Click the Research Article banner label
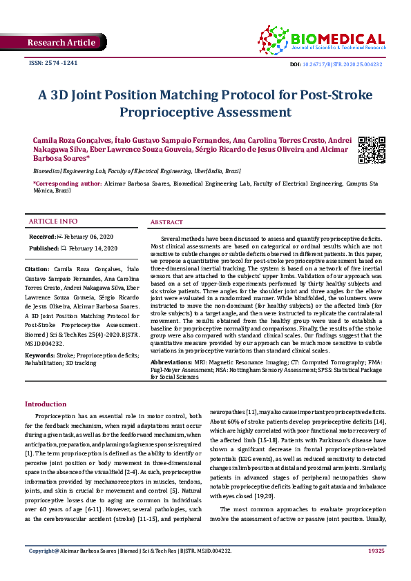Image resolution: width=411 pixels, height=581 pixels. (x=61, y=43)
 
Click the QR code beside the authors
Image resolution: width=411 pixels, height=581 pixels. (x=372, y=150)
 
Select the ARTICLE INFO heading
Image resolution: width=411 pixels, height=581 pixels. (x=52, y=221)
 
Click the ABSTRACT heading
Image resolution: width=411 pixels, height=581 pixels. (x=167, y=223)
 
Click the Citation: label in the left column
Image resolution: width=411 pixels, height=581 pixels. (x=37, y=267)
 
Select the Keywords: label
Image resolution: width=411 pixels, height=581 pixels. (x=39, y=355)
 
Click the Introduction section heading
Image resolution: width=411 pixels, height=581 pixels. (x=46, y=404)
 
